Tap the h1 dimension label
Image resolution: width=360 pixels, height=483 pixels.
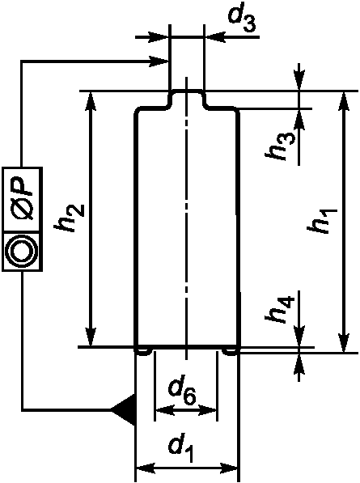tap(324, 221)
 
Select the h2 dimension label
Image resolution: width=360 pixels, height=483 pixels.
tap(69, 218)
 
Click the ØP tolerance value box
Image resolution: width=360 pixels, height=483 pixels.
tap(22, 199)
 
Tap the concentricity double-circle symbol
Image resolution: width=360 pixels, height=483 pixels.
tap(22, 251)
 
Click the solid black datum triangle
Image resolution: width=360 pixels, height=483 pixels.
tap(123, 410)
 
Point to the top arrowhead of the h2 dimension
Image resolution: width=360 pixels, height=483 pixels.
tap(91, 100)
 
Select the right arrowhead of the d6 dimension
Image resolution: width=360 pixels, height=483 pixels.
tap(209, 410)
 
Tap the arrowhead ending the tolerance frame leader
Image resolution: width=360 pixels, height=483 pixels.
tap(159, 61)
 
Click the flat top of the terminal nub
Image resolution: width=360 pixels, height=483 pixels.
tap(186, 91)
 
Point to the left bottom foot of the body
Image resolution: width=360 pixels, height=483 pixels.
tap(143, 352)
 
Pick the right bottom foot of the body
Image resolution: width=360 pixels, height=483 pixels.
tap(231, 352)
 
